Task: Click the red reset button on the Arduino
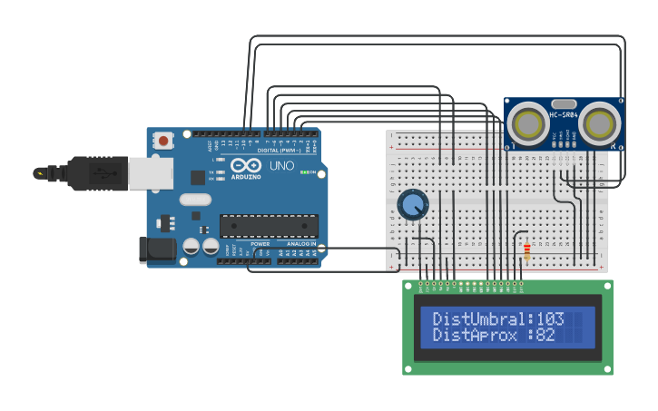163,141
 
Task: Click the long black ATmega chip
269,225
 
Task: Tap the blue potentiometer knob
413,204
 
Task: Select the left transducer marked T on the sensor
527,122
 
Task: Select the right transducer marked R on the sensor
599,122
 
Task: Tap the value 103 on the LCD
550,319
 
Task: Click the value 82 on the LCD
545,336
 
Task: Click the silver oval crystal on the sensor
564,104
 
